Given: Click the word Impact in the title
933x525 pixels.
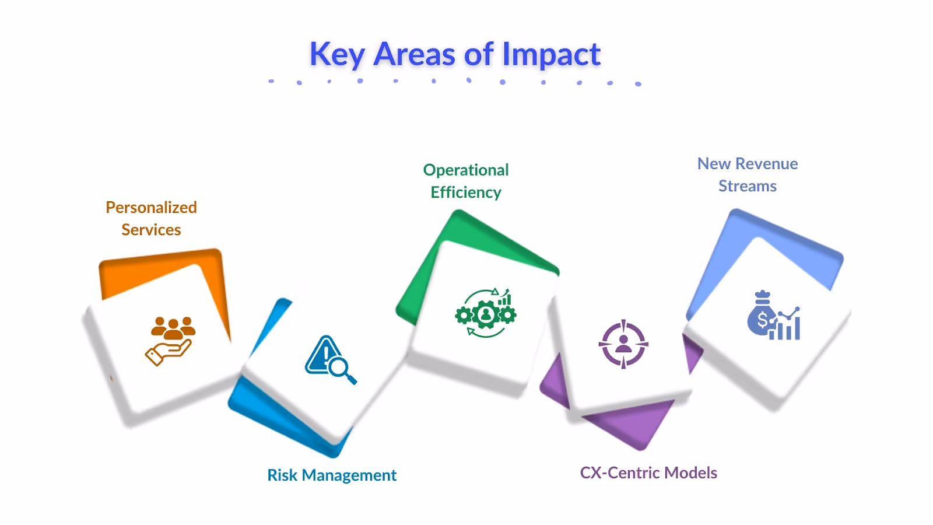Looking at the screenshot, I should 551,55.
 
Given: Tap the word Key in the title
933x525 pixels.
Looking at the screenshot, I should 336,55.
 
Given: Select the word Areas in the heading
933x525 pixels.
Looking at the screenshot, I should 414,55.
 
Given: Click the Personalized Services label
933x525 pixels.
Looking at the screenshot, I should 151,218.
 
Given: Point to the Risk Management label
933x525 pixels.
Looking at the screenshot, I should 332,475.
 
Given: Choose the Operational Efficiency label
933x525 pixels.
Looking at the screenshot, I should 466,181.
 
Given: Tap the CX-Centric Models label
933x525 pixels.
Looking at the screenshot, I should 648,473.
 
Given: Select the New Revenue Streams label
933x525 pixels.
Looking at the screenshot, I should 748,174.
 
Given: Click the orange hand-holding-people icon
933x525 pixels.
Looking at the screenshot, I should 170,341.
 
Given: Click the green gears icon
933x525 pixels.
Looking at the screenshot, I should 485,314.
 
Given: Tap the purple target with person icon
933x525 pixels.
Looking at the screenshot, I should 623,344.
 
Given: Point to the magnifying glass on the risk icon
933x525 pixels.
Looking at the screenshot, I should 339,369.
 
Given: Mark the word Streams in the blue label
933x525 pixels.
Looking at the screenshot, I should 748,186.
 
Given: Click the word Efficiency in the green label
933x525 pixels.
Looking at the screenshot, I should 466,192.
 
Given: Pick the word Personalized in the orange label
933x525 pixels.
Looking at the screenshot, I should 151,207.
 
